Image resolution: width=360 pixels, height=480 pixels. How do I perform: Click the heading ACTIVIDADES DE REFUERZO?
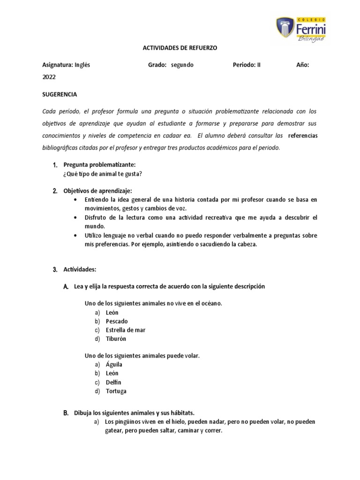click(x=180, y=48)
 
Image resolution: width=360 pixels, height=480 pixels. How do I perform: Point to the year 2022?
click(x=49, y=77)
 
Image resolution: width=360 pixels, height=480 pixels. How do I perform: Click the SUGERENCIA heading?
click(x=60, y=94)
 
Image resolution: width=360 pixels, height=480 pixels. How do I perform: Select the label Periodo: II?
click(x=246, y=65)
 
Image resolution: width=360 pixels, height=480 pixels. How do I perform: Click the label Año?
click(x=302, y=65)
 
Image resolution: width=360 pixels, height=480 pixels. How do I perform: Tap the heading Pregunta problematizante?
click(x=99, y=165)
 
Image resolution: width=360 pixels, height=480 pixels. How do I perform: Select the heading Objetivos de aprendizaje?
click(x=97, y=191)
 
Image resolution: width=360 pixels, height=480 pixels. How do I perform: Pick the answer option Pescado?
click(x=117, y=321)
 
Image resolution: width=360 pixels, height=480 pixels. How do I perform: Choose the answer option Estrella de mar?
click(x=126, y=330)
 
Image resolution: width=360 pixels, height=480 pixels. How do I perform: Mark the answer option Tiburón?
click(x=116, y=338)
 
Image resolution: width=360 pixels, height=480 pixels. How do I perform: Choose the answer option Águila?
click(x=114, y=364)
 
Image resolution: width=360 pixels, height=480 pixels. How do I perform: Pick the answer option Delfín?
click(x=114, y=382)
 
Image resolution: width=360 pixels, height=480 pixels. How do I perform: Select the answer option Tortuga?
click(x=116, y=391)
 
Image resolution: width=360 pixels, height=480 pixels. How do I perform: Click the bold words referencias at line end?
click(x=302, y=135)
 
